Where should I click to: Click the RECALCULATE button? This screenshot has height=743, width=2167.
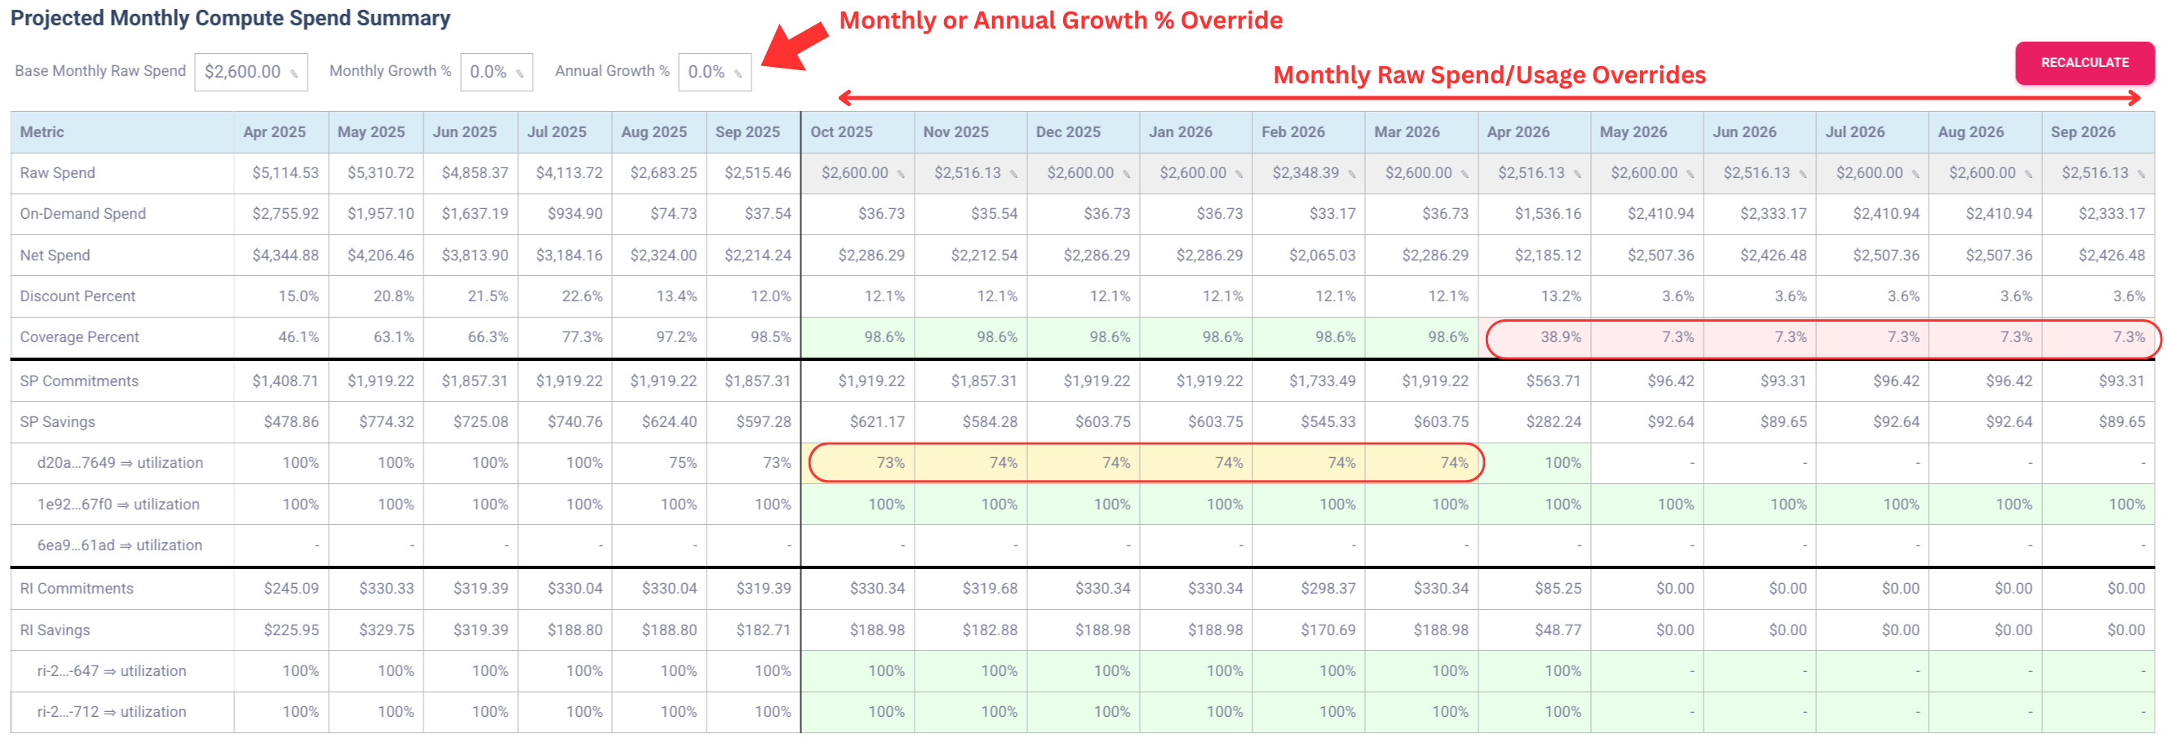[2084, 63]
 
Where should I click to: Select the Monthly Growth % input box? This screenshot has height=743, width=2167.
[495, 73]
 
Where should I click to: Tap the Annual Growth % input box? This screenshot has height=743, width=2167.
[713, 73]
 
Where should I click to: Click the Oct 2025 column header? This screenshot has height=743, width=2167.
[841, 132]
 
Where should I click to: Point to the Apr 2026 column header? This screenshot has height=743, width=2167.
[1518, 132]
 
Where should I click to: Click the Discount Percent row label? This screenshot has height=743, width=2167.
[78, 296]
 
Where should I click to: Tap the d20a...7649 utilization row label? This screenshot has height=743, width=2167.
[119, 463]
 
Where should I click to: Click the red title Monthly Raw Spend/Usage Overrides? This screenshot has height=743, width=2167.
[1489, 76]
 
